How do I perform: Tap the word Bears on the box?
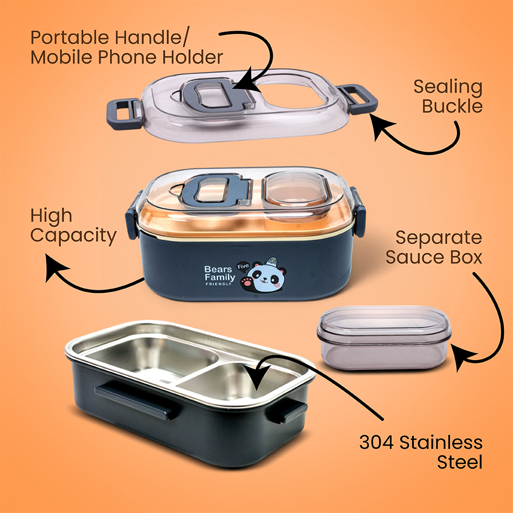click(218, 269)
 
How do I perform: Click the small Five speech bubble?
click(243, 266)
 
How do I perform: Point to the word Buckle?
click(452, 106)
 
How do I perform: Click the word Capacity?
click(73, 236)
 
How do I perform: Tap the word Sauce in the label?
click(414, 257)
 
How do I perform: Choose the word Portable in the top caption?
click(69, 37)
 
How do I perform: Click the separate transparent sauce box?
click(384, 338)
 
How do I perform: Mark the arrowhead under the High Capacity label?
click(55, 267)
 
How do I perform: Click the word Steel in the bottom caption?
click(460, 462)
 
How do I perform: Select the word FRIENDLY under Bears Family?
click(219, 284)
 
